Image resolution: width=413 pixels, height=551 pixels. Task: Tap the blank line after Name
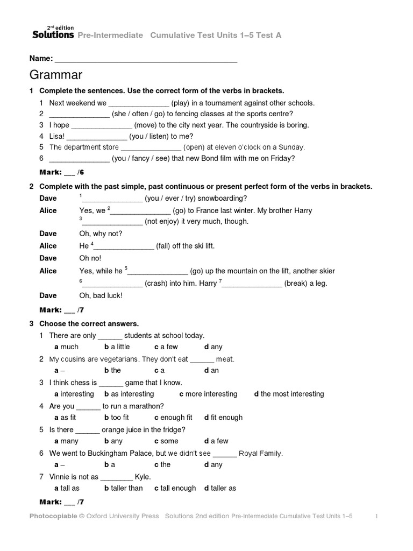click(146, 59)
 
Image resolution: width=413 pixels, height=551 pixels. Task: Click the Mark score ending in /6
click(62, 172)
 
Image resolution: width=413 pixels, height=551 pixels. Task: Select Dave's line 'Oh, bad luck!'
click(101, 295)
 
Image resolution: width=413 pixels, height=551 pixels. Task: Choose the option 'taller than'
click(124, 488)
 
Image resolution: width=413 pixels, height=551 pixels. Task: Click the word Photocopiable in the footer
click(53, 516)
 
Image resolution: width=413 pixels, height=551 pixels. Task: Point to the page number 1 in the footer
click(376, 516)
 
